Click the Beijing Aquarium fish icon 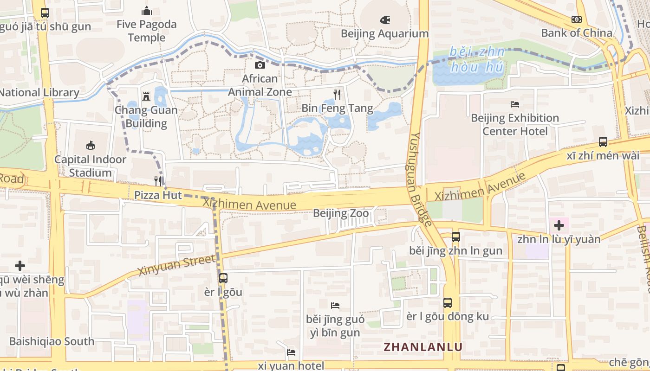pyautogui.click(x=385, y=20)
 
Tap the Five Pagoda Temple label pyautogui.click(x=147, y=31)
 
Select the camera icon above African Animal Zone pyautogui.click(x=260, y=65)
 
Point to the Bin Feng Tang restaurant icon pyautogui.click(x=337, y=94)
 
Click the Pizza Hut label pyautogui.click(x=158, y=195)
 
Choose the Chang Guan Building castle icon pyautogui.click(x=146, y=96)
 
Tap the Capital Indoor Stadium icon pyautogui.click(x=90, y=146)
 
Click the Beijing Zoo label pyautogui.click(x=341, y=213)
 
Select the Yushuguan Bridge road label pyautogui.click(x=422, y=179)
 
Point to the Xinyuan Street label pyautogui.click(x=177, y=265)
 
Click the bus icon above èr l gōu pyautogui.click(x=223, y=278)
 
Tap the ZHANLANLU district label pyautogui.click(x=423, y=347)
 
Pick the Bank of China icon pyautogui.click(x=577, y=19)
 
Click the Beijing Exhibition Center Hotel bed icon pyautogui.click(x=514, y=104)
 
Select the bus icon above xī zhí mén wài pyautogui.click(x=603, y=141)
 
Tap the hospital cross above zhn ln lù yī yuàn pyautogui.click(x=559, y=225)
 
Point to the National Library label pyautogui.click(x=39, y=92)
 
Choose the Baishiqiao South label pyautogui.click(x=52, y=341)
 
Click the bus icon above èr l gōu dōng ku pyautogui.click(x=448, y=303)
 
